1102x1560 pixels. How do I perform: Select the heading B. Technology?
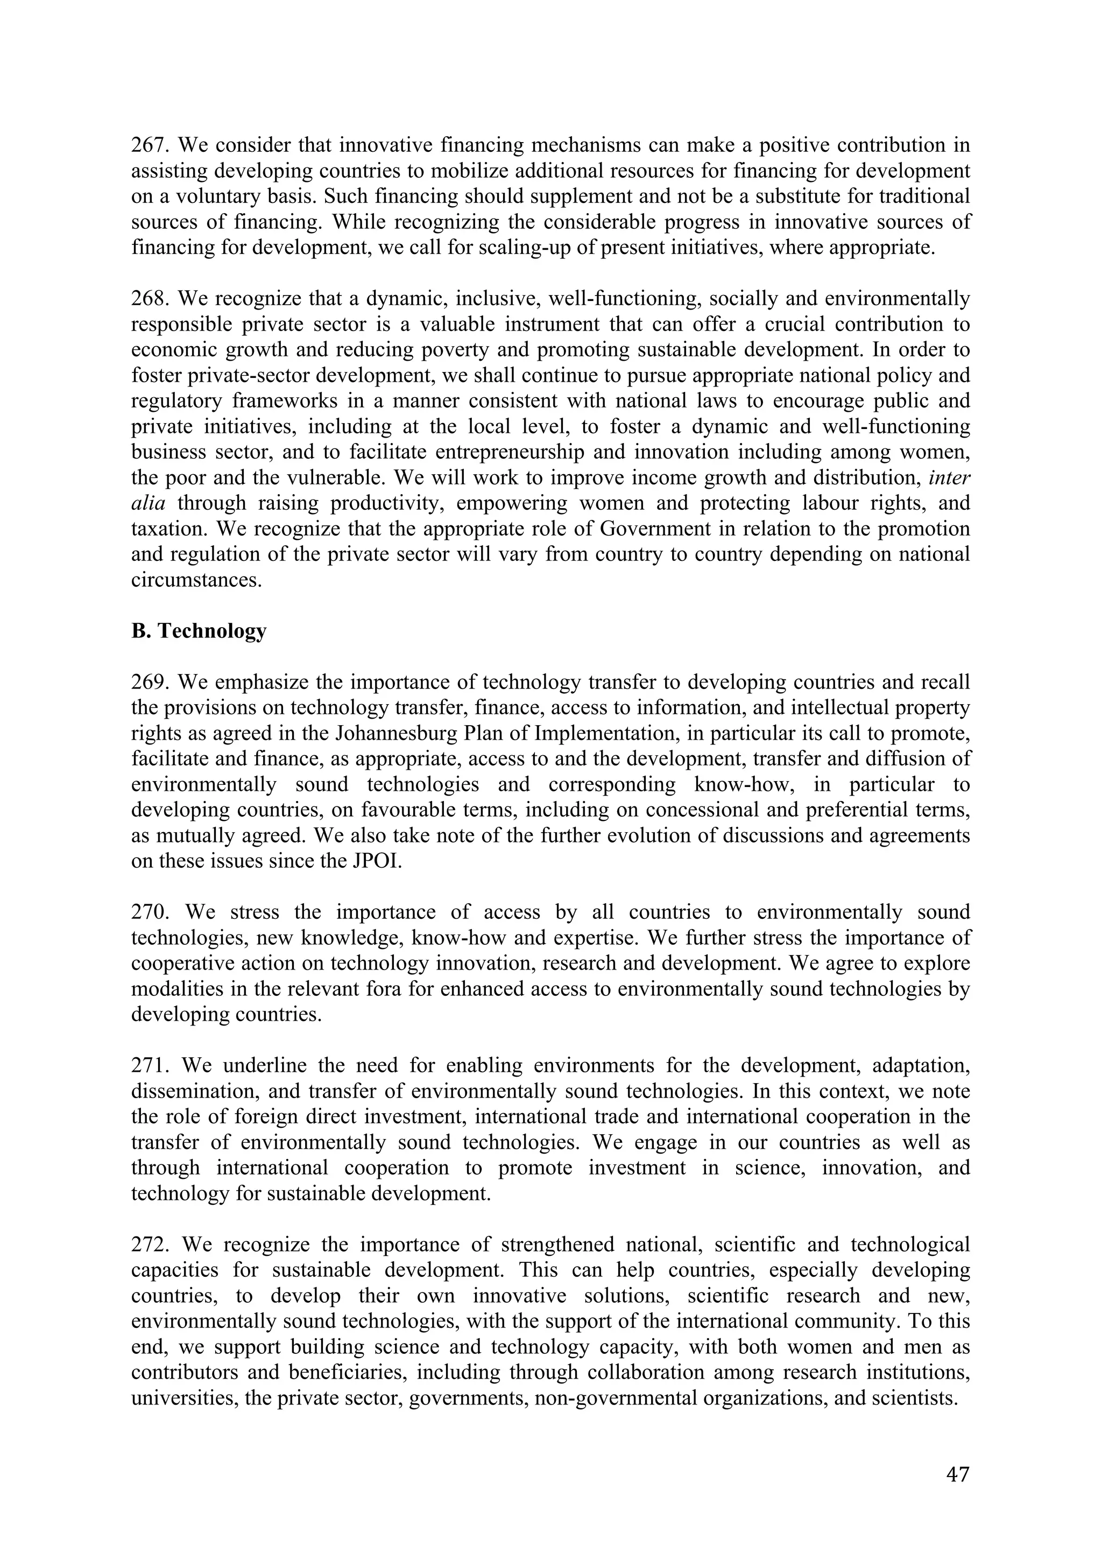click(198, 631)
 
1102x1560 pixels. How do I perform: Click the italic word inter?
click(949, 477)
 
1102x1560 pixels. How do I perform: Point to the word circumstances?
click(195, 581)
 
